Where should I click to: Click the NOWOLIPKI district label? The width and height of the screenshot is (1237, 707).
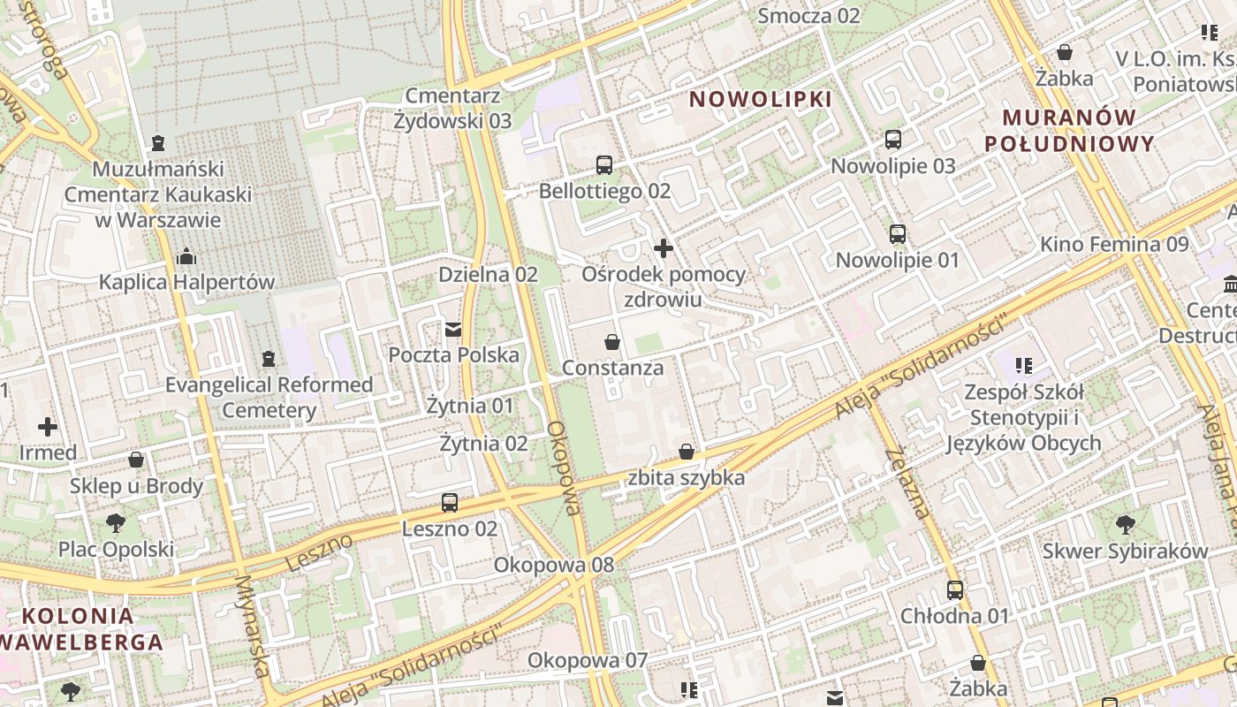point(761,99)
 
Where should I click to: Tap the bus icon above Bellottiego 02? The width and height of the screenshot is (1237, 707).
point(604,165)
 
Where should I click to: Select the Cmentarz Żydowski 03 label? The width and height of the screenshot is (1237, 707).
point(453,109)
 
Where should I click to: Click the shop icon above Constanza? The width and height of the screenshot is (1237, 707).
point(612,342)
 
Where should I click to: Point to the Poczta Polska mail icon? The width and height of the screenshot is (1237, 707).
point(453,330)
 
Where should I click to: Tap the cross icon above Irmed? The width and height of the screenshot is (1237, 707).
point(48,428)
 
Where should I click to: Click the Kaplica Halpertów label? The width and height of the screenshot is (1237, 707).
point(186,283)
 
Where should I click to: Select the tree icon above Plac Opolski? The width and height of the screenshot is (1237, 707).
point(116,523)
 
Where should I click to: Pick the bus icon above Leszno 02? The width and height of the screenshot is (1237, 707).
point(450,503)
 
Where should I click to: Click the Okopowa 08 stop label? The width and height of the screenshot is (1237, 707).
point(554,565)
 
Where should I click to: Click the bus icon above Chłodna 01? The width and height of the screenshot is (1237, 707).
point(955,590)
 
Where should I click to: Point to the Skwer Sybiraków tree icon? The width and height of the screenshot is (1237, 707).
point(1126,525)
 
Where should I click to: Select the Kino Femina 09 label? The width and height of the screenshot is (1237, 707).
point(1114,244)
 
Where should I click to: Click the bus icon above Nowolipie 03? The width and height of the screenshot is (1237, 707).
point(893,140)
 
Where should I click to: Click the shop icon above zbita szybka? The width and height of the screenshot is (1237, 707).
point(687,452)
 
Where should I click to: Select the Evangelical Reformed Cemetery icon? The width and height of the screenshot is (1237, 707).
point(269,359)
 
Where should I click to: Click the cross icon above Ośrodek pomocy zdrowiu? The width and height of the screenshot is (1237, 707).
point(664,248)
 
